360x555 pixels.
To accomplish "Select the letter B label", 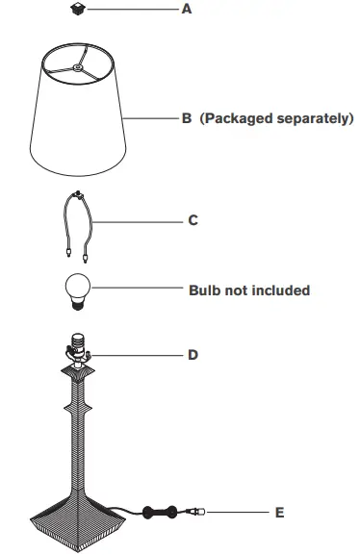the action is (187, 119).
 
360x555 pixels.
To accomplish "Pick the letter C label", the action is (193, 220).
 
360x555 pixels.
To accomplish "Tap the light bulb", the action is (76, 290).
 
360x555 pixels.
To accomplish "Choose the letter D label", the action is (193, 355).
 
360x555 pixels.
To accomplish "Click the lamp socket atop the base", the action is (76, 344).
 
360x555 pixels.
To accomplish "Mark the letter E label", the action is (279, 513).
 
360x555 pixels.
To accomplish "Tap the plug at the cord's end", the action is (196, 512).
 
